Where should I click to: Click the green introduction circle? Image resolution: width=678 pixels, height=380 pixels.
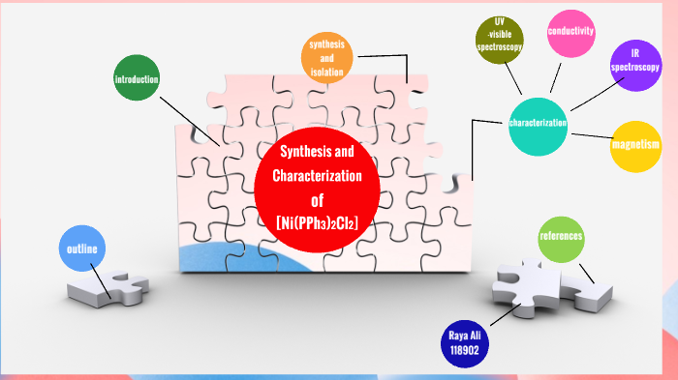click(x=137, y=80)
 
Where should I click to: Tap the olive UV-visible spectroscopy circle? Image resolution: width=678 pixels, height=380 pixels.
click(x=499, y=41)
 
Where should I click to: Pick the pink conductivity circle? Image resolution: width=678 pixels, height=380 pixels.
click(x=570, y=33)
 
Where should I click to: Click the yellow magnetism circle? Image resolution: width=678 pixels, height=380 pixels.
click(x=635, y=146)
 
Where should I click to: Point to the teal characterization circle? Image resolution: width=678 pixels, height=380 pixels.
click(x=539, y=125)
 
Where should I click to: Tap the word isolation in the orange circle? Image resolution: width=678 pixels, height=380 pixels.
click(x=326, y=71)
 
